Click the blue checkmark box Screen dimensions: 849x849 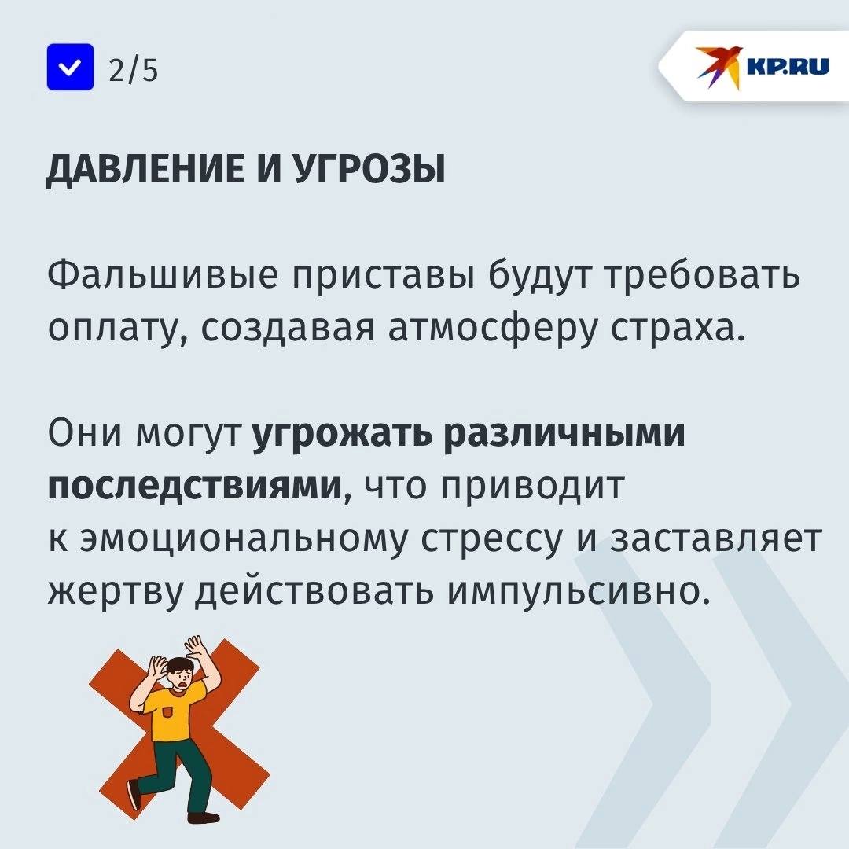coord(71,67)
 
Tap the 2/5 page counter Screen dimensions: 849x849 coord(133,70)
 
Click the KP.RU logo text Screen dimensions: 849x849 coord(787,67)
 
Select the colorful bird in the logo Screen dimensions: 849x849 coord(719,67)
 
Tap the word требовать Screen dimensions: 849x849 coord(702,275)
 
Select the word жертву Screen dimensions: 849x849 coord(115,591)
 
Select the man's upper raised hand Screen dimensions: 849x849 coord(196,647)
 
